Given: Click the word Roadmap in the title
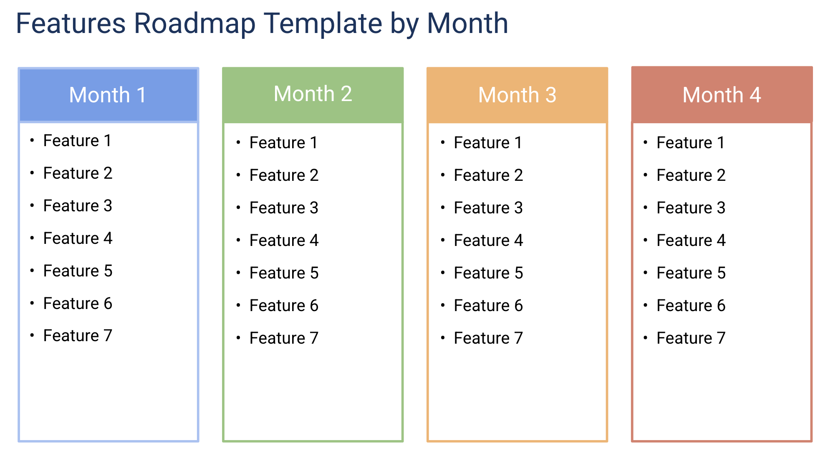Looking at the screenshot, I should point(194,23).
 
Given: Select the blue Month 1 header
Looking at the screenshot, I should point(108,95).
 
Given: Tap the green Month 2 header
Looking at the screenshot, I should point(313,94).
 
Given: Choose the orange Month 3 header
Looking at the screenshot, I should point(517,95).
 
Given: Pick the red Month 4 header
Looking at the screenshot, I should point(722,95).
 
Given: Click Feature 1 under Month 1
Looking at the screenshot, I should point(77,141).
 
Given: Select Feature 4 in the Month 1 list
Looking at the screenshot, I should point(78,238).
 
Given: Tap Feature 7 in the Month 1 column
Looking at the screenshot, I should point(78,336).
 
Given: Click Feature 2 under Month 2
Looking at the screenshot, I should point(284,175).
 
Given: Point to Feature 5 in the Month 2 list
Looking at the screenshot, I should point(284,273).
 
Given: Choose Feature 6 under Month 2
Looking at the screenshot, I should point(284,306).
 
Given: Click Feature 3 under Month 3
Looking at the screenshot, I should point(488,208).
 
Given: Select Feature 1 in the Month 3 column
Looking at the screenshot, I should point(488,143).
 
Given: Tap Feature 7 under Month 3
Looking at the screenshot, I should point(488,338).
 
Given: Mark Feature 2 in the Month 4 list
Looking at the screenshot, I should point(691,175).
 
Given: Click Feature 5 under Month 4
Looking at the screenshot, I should point(691,273).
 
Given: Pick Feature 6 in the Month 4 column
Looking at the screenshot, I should point(691,306).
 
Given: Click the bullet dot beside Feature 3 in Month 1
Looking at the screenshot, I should point(32,205).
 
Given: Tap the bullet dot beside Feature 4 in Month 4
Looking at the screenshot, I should point(645,240).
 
